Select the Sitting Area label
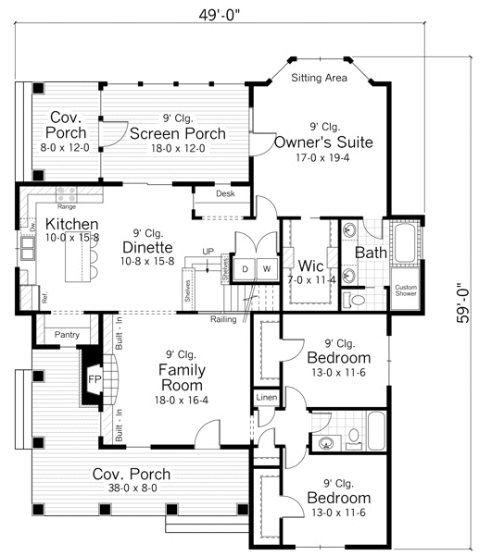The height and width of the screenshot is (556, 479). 319,79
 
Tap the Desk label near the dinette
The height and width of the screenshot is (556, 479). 225,194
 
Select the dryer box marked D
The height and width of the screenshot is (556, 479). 245,268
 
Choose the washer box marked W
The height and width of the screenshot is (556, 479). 265,268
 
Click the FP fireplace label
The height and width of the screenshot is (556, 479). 94,379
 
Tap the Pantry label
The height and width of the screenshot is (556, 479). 66,335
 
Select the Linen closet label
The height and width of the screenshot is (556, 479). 265,398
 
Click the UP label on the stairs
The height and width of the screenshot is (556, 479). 209,251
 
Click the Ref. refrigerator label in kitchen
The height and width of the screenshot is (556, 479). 43,298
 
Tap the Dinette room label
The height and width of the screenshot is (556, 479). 150,247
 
